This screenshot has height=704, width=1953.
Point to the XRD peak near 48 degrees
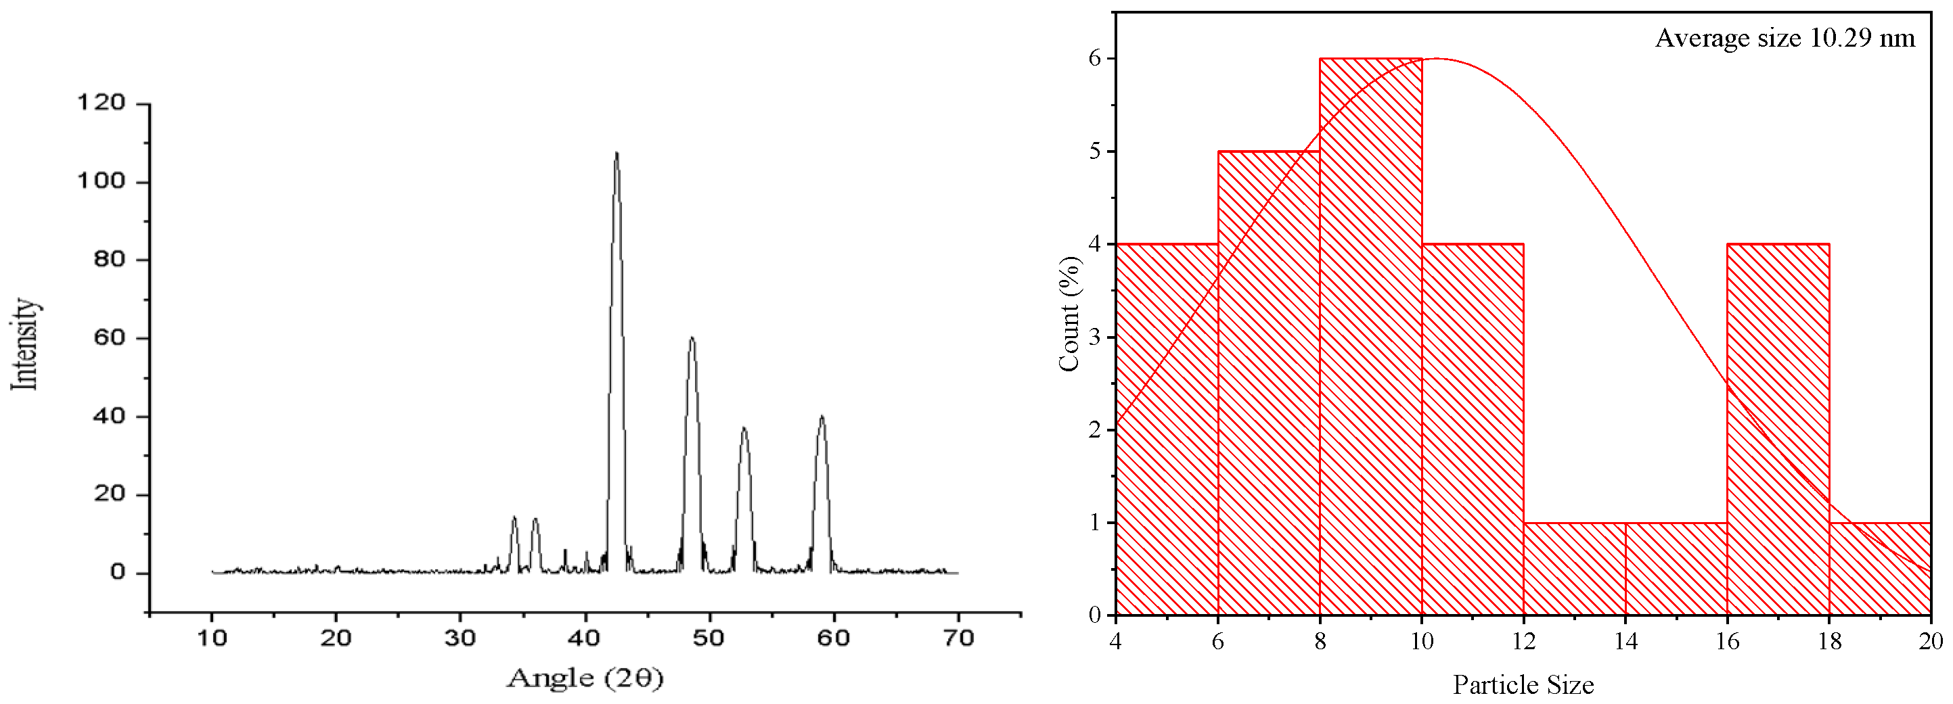692,339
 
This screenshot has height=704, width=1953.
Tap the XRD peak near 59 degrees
821,417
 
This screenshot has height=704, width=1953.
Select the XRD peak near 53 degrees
744,429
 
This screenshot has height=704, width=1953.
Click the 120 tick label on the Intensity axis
101,102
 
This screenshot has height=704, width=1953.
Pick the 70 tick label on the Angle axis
958,638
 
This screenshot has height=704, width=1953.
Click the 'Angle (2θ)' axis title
585,678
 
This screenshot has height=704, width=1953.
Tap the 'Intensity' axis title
25,344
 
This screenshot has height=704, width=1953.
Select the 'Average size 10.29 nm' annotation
1784,38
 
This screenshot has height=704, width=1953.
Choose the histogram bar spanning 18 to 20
1880,568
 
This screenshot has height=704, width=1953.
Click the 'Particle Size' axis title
1523,685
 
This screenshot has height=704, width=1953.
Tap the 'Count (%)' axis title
1069,314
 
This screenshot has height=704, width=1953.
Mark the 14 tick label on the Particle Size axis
1625,642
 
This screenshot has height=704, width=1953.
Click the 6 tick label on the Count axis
1095,58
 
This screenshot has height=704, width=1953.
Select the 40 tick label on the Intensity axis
108,416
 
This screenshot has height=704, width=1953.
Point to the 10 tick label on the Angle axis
212,638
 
